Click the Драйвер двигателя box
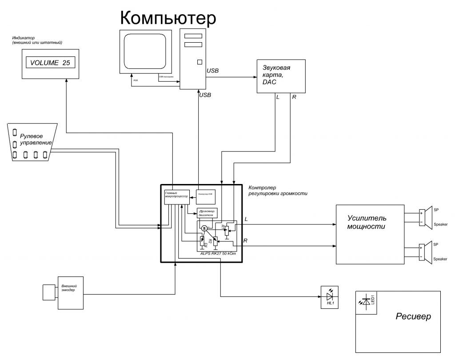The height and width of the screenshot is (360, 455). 208,212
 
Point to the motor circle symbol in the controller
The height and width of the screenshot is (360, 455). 204,228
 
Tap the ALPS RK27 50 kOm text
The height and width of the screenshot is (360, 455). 217,252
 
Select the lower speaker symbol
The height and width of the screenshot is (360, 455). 427,252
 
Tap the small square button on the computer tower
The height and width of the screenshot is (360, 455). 200,62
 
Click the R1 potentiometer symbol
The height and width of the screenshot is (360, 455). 227,229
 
